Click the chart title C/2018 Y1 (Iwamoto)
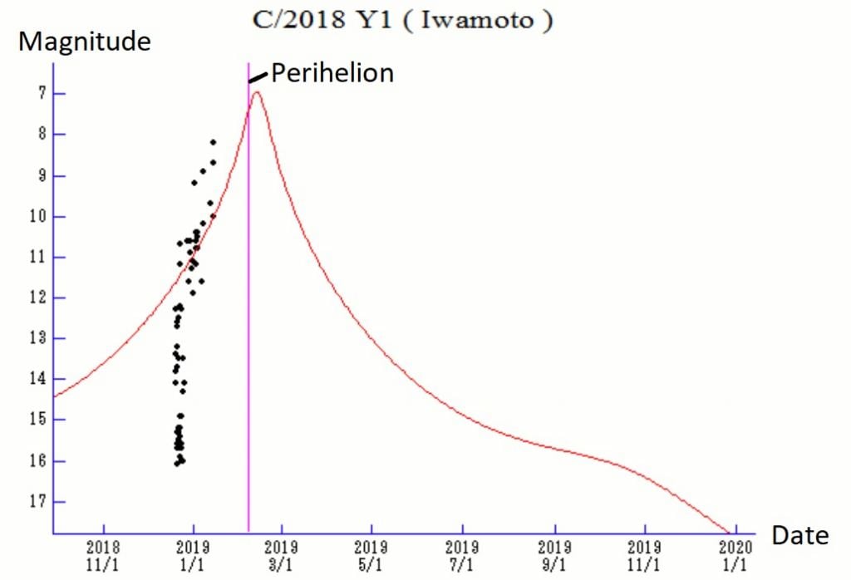(403, 20)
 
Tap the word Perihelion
(332, 73)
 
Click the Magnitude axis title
(85, 42)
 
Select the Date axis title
(799, 536)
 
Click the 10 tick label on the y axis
(35, 216)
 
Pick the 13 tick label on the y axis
(35, 338)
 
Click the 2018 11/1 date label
(104, 555)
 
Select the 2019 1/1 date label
(194, 555)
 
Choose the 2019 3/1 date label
(282, 555)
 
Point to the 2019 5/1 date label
(371, 555)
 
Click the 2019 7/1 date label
(463, 555)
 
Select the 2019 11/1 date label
(645, 555)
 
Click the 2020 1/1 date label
(735, 555)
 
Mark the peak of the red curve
(257, 91)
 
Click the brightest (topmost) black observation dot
(213, 142)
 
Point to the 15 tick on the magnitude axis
(35, 420)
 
